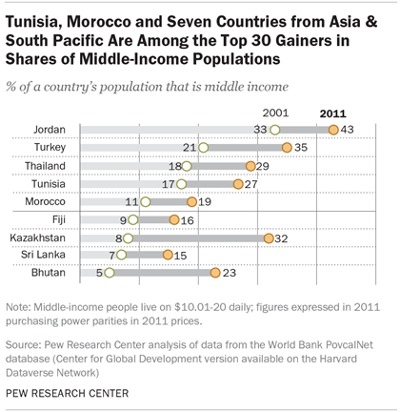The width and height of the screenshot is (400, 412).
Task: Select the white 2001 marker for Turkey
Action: (202, 148)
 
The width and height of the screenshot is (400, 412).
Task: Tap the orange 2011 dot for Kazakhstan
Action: (270, 237)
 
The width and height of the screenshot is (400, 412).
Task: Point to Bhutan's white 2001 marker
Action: (109, 273)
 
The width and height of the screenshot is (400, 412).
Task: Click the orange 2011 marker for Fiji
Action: (174, 219)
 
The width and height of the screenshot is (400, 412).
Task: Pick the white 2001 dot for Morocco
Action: (146, 201)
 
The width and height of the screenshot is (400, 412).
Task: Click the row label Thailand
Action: (43, 166)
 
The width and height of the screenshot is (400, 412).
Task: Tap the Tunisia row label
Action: (48, 183)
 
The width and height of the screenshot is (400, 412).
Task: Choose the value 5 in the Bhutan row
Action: (98, 273)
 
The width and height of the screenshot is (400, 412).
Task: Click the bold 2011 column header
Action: (332, 111)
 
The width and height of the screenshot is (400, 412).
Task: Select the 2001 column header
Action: (274, 111)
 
